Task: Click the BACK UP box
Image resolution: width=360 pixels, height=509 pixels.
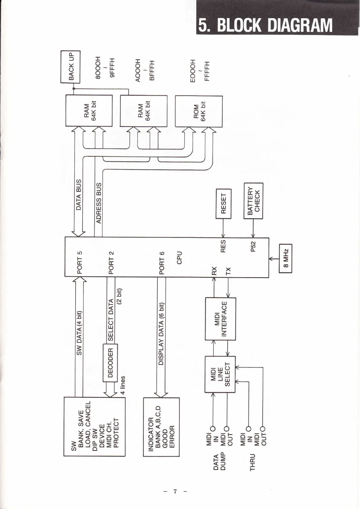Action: pyautogui.click(x=70, y=67)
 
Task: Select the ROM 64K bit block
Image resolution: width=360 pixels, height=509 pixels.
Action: pyautogui.click(x=199, y=111)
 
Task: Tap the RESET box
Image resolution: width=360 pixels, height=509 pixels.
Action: pyautogui.click(x=223, y=204)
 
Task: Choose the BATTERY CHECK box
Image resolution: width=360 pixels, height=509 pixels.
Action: pyautogui.click(x=253, y=201)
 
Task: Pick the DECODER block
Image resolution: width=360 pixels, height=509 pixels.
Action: pyautogui.click(x=110, y=362)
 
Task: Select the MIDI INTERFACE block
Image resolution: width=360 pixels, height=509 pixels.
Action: pyautogui.click(x=220, y=319)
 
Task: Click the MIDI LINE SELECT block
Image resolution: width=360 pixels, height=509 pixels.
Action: pyautogui.click(x=220, y=374)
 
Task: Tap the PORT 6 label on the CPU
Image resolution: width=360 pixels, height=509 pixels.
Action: pyautogui.click(x=162, y=262)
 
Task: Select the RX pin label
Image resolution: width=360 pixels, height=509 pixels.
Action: pyautogui.click(x=214, y=271)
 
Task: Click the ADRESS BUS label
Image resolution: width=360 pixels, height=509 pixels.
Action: pyautogui.click(x=99, y=203)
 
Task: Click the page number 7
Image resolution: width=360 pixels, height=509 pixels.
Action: pyautogui.click(x=175, y=491)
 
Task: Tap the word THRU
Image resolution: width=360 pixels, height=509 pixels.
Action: pyautogui.click(x=253, y=462)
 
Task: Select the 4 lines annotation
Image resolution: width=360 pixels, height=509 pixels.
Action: pyautogui.click(x=122, y=385)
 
